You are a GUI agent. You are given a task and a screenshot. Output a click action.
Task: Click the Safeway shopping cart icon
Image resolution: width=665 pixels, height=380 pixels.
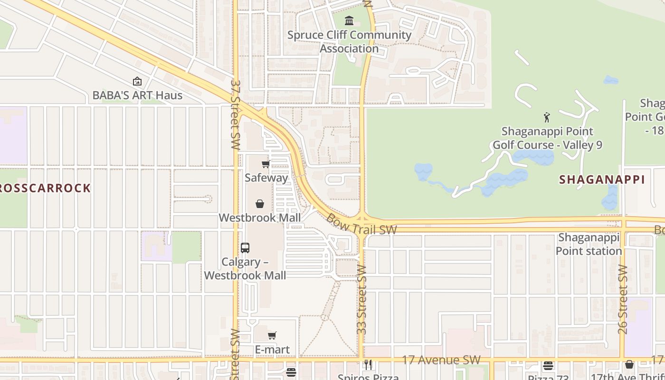[x=266, y=164]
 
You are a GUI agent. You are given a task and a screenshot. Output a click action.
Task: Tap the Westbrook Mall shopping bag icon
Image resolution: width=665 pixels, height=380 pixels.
[x=260, y=204]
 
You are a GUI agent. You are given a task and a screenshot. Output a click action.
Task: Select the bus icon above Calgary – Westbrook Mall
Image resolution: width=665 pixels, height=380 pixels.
[x=245, y=248]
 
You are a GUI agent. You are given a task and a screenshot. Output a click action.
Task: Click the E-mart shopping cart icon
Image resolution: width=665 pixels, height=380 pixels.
[x=272, y=336]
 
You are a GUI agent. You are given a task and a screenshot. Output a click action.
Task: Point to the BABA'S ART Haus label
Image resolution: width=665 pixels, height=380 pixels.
[x=137, y=95]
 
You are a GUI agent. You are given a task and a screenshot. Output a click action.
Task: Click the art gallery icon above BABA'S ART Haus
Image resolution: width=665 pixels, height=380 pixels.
[x=137, y=82]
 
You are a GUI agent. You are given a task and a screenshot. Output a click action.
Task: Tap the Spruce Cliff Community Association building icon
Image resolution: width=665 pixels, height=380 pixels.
[x=350, y=20]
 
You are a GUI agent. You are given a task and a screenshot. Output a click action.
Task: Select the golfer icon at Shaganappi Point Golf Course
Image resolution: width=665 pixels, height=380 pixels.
[x=547, y=117]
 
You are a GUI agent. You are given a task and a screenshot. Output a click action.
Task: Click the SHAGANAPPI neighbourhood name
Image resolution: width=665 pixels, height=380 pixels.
[x=602, y=180]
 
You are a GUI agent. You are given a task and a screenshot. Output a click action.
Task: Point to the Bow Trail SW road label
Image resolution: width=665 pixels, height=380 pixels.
[x=361, y=224]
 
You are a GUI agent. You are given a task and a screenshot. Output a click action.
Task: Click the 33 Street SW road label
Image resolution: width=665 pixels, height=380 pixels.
[x=362, y=299]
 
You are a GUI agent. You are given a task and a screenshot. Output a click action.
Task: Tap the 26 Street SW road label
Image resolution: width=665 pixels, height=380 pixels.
[x=623, y=299]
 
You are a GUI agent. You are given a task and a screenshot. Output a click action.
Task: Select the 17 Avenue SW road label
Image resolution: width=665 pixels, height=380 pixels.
[x=441, y=360]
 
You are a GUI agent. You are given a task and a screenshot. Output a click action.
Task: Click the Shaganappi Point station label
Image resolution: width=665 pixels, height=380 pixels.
[x=589, y=244]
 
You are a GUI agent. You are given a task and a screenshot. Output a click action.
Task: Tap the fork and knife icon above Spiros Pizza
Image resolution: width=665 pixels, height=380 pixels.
[x=368, y=365]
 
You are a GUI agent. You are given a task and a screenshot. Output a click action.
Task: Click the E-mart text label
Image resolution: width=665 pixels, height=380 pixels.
[x=272, y=350]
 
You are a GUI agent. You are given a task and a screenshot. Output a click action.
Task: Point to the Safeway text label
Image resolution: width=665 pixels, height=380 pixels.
[x=266, y=178]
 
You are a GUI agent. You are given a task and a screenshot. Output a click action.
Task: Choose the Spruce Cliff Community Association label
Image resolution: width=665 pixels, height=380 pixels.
[x=349, y=42]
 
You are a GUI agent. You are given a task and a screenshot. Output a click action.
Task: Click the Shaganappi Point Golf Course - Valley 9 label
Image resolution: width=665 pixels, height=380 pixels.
[x=547, y=138]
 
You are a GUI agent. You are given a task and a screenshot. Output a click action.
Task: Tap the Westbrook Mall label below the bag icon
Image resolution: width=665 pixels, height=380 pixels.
[x=260, y=218]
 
